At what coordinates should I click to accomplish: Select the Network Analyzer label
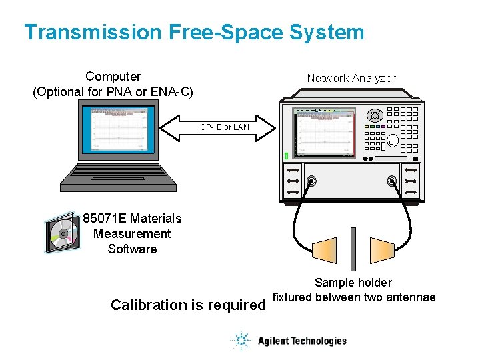coord(351,78)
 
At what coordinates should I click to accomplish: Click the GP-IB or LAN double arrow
coord(225,127)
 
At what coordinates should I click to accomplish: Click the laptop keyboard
coord(119,175)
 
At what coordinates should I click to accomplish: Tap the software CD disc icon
coord(61,234)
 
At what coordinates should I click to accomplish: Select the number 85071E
coord(105,218)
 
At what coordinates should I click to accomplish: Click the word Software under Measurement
coord(132,249)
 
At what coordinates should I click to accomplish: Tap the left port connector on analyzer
coord(311,181)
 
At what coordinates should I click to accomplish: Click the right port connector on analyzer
coord(392,181)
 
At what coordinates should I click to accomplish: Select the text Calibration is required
coord(187,305)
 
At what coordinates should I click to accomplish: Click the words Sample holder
coord(353,283)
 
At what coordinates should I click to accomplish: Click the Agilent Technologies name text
coord(302,341)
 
